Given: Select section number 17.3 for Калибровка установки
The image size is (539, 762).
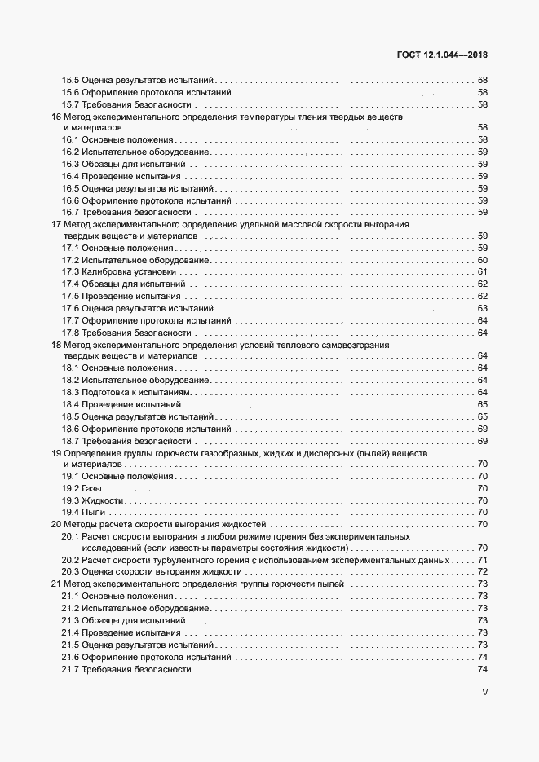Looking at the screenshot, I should click(71, 271).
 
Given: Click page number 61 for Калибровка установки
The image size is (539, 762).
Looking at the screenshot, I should click(482, 271).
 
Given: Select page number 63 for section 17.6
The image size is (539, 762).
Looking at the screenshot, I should click(482, 308).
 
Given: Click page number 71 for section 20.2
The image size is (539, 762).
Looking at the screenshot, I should click(482, 561).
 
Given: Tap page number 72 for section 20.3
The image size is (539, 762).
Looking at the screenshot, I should click(482, 573).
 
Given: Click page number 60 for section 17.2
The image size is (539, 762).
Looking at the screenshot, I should click(482, 260).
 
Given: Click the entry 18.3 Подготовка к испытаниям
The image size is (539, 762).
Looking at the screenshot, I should click(126, 393).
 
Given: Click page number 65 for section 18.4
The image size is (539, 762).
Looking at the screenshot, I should click(482, 404).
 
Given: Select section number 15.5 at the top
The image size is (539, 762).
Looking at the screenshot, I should click(71, 80).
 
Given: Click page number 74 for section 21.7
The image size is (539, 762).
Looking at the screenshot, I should click(482, 669).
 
